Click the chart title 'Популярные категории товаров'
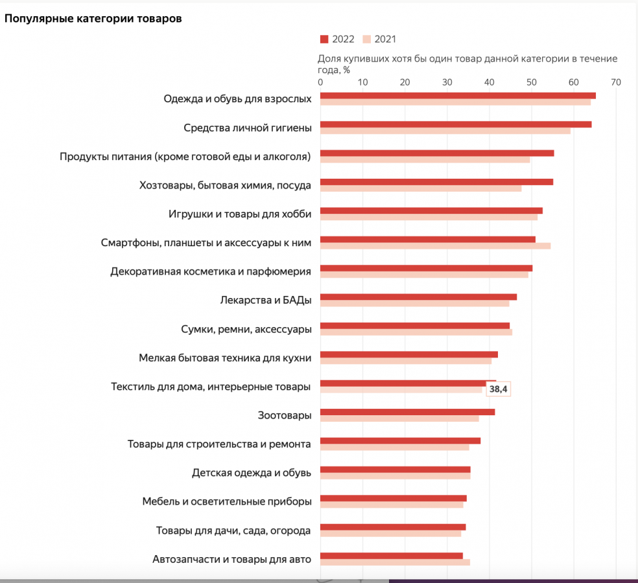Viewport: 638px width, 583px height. (x=93, y=18)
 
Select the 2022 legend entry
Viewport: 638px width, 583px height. (x=337, y=39)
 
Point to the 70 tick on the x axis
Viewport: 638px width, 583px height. (x=615, y=82)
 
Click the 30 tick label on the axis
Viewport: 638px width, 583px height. (x=447, y=82)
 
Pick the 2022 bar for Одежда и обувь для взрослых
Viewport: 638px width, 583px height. (x=458, y=96)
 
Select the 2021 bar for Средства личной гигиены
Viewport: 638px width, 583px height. (x=445, y=131)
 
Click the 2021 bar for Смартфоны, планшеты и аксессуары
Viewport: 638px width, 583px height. (x=435, y=246)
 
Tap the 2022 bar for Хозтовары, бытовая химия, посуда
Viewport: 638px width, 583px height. (x=436, y=182)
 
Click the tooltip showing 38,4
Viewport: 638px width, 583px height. (x=498, y=389)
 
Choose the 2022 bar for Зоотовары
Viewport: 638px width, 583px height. (x=407, y=412)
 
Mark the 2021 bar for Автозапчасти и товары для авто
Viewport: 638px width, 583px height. (x=395, y=562)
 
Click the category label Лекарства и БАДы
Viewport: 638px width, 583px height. (x=266, y=300)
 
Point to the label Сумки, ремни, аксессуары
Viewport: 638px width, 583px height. (x=246, y=329)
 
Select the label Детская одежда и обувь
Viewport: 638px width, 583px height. (x=252, y=473)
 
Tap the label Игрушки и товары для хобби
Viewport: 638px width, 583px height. (x=240, y=214)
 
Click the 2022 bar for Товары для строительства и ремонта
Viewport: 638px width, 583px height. (x=400, y=440)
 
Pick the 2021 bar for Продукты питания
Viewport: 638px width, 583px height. (x=425, y=159)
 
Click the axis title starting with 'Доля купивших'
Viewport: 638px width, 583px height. (x=467, y=63)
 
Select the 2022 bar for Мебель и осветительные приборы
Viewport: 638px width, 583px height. (x=393, y=498)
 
